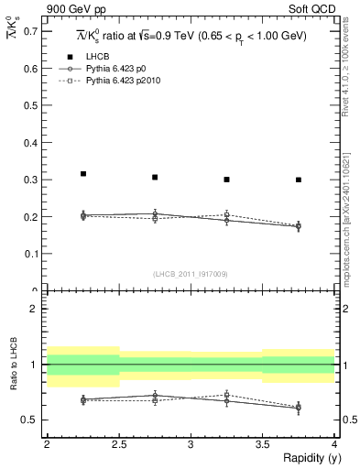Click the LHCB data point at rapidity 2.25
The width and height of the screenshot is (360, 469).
point(83,173)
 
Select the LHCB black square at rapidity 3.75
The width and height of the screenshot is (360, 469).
point(299,180)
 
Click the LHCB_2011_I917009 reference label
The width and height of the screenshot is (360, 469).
point(191,274)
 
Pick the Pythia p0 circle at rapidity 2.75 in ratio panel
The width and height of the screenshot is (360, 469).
point(155,396)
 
